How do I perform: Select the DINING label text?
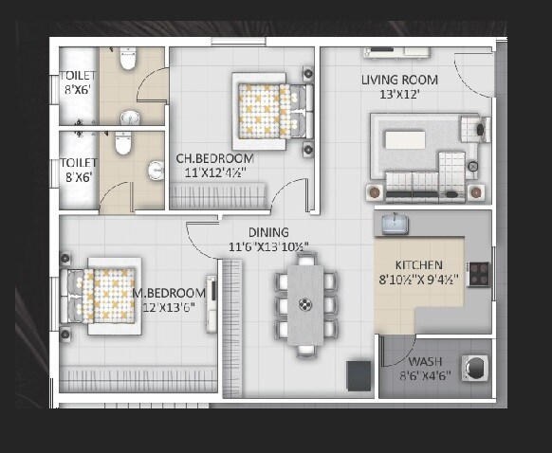point(268,233)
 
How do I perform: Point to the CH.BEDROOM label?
point(213,158)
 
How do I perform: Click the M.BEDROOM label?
point(171,293)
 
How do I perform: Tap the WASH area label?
point(424,362)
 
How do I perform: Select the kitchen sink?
point(396,224)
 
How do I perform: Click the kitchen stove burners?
point(478,274)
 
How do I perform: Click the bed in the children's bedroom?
point(269,111)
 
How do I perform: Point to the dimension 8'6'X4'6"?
point(424,376)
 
